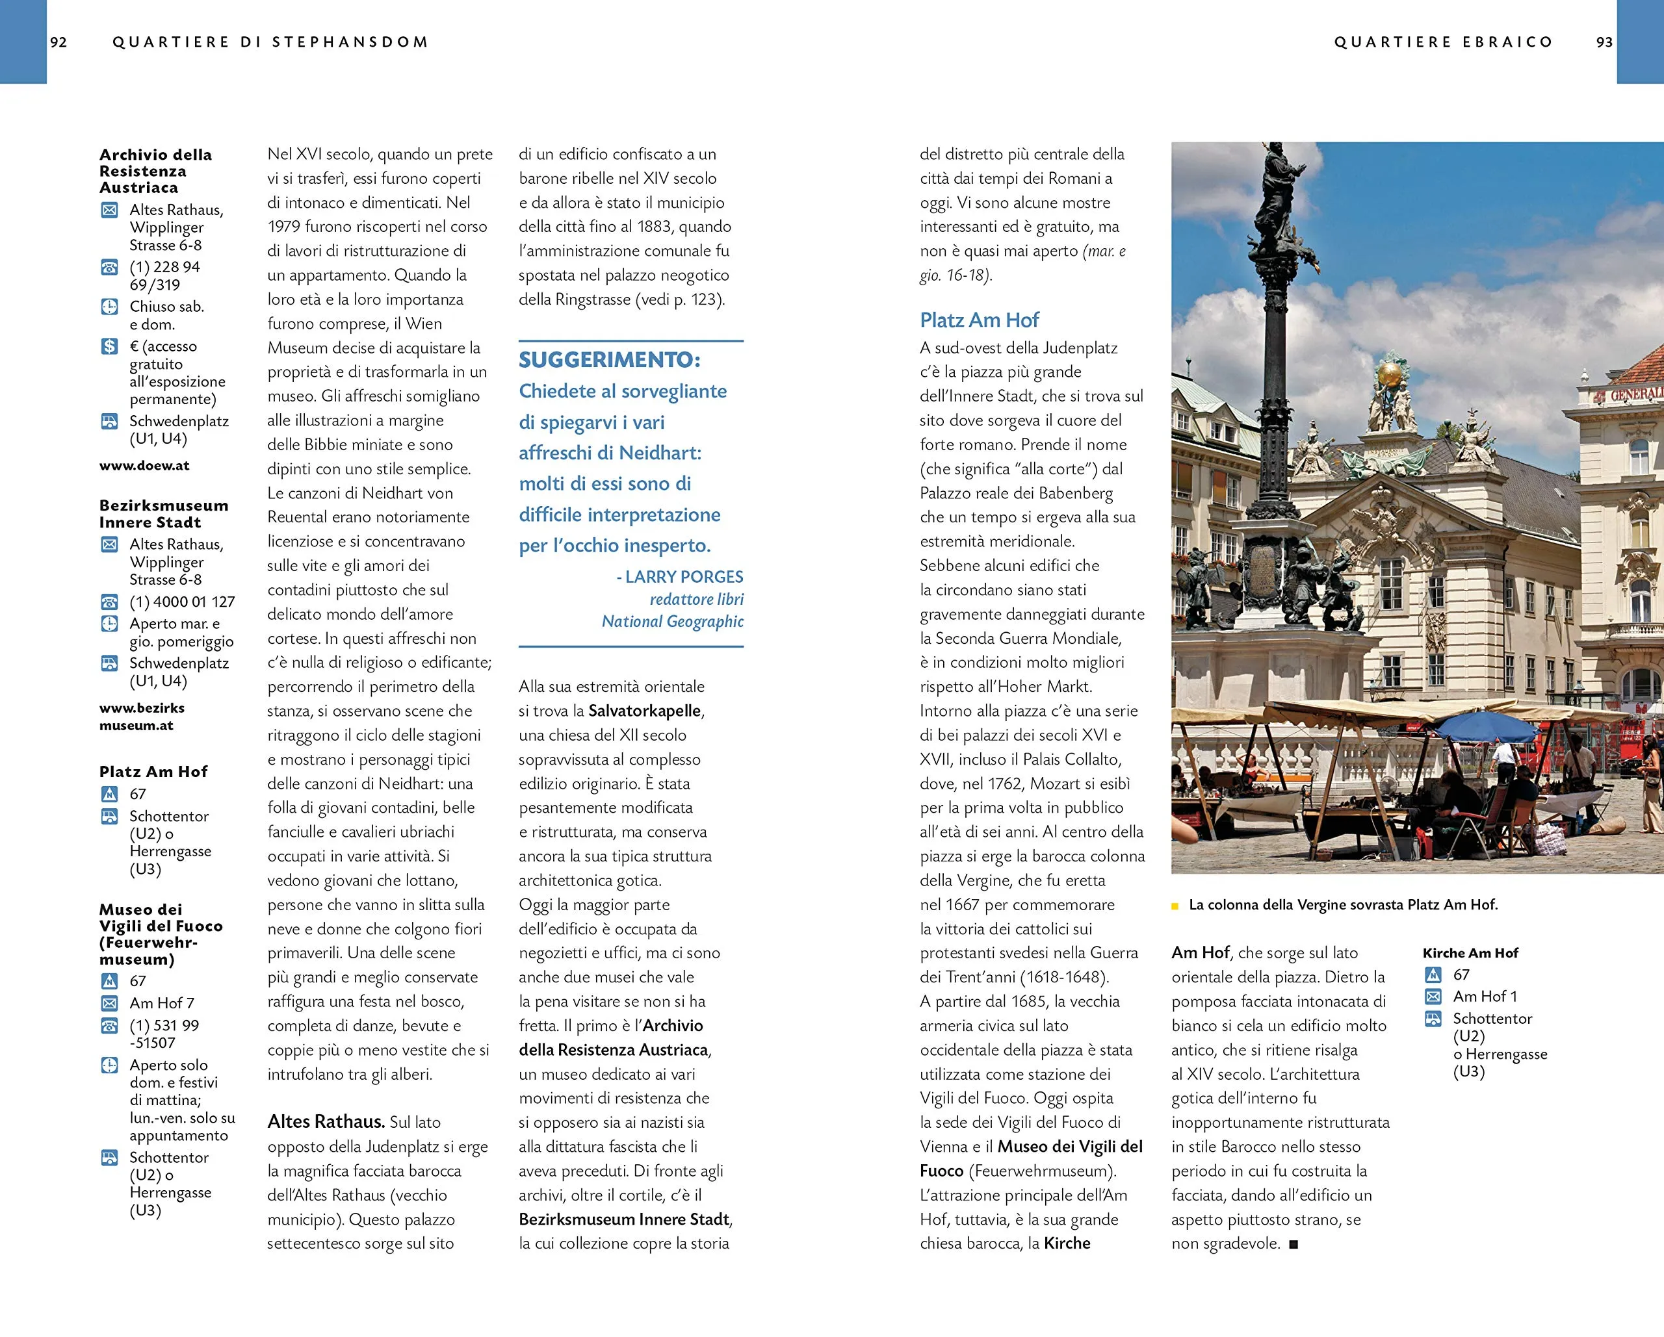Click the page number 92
coord(58,42)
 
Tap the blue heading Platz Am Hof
coord(979,320)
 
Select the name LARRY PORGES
coord(684,577)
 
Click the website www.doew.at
coord(144,466)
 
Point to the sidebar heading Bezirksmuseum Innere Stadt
coord(163,514)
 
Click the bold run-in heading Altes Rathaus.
coord(326,1122)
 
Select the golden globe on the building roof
coord(1389,374)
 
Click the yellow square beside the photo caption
coord(1175,906)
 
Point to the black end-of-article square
coord(1293,1244)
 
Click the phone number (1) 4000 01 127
coord(182,602)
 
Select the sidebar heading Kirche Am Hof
coord(1470,953)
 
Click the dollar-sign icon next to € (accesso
coord(110,346)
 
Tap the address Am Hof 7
coord(162,1003)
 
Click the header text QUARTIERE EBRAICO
coord(1442,42)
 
